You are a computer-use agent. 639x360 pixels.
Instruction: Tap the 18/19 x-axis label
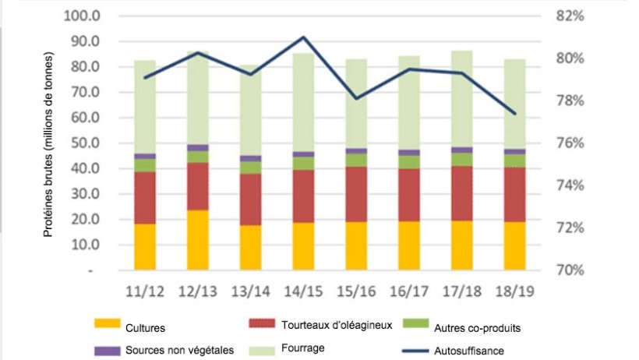pos(514,292)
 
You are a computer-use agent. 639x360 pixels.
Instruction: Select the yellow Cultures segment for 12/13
pos(198,240)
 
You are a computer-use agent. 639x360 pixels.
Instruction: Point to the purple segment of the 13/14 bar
pos(250,158)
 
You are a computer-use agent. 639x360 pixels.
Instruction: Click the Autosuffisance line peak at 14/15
pos(303,37)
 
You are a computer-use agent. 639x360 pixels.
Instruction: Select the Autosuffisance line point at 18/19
pos(514,114)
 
